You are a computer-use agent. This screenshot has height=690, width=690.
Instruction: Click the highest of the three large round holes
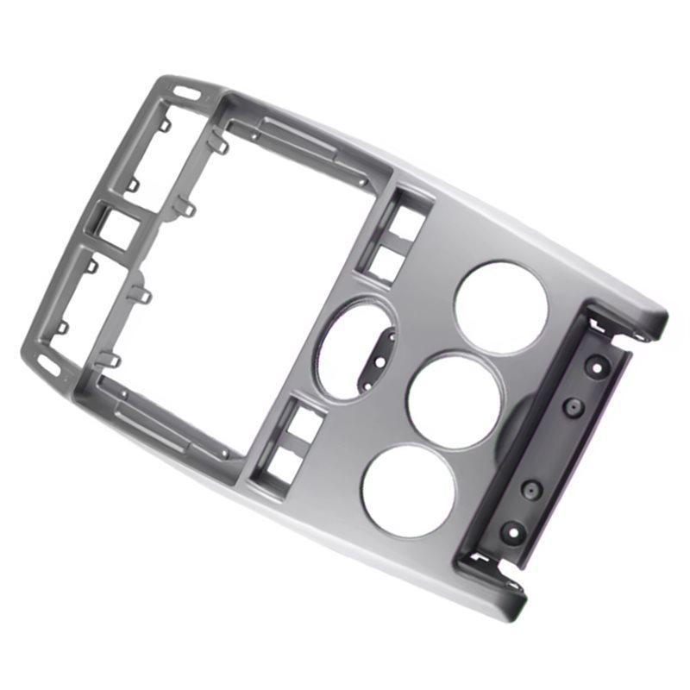[499, 307]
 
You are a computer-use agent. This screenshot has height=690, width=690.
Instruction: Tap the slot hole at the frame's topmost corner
[185, 90]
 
